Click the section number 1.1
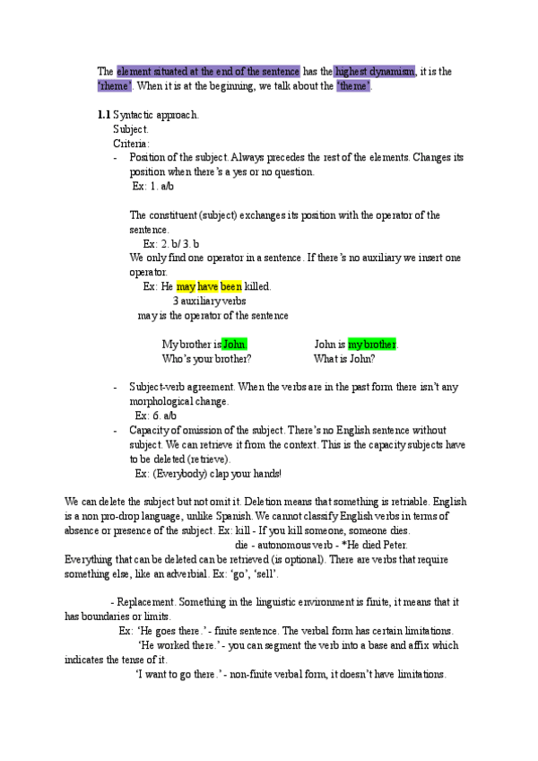[x=104, y=116]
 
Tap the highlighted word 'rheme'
[x=115, y=86]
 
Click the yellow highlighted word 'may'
[x=186, y=287]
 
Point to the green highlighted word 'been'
[x=231, y=287]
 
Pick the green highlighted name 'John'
[x=234, y=345]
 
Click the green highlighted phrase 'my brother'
[x=373, y=345]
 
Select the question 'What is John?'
[x=344, y=359]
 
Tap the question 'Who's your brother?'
[x=206, y=359]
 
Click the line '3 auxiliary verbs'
[x=209, y=302]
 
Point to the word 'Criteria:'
[x=132, y=144]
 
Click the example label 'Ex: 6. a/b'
[x=156, y=416]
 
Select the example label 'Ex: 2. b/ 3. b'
[x=171, y=244]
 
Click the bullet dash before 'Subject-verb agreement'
[x=116, y=388]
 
